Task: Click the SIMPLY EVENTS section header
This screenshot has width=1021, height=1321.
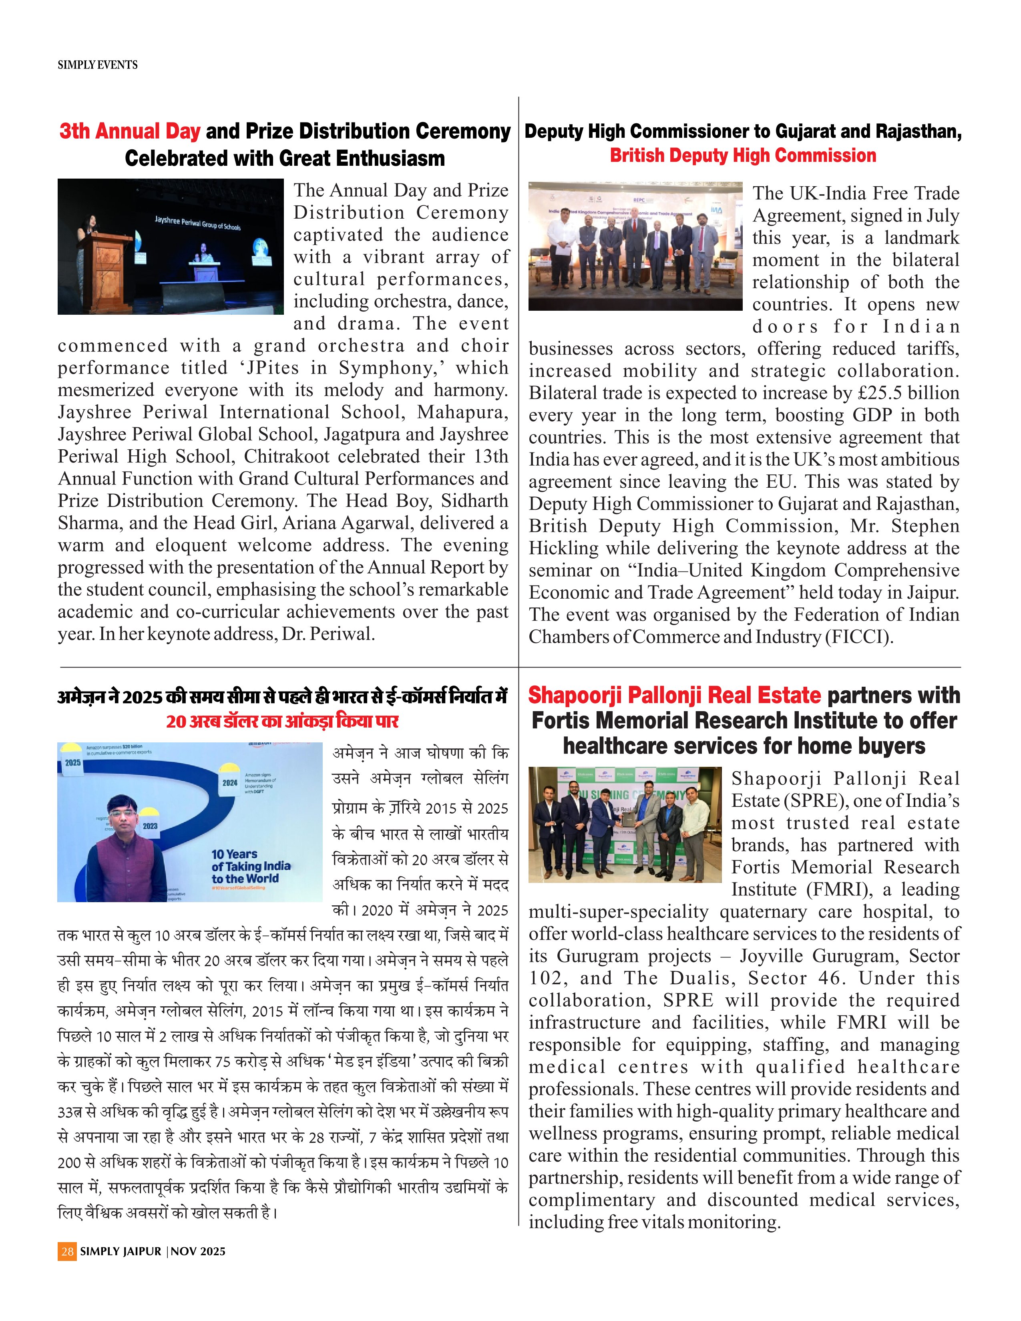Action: tap(97, 65)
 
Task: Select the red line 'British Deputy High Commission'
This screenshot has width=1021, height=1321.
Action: tap(743, 155)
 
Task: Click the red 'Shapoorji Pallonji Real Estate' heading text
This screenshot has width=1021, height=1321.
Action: tap(674, 695)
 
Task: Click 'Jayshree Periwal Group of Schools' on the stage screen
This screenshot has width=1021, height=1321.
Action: tap(197, 223)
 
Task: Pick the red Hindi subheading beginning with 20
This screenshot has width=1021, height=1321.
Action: tap(282, 722)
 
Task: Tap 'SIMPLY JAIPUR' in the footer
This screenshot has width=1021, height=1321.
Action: tap(121, 1251)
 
